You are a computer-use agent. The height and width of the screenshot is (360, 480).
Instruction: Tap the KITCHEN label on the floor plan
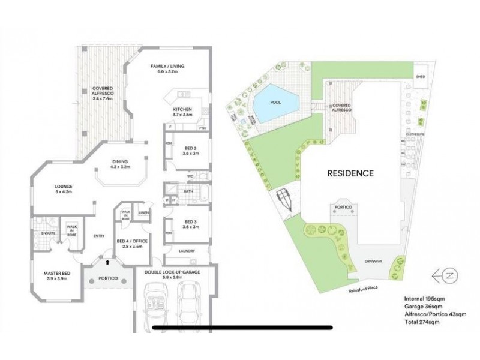[182, 109]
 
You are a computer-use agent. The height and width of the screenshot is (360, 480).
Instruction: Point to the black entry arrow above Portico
[107, 262]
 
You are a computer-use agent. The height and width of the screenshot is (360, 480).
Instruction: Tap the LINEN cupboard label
[143, 212]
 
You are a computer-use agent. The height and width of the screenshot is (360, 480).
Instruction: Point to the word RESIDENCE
[350, 173]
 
